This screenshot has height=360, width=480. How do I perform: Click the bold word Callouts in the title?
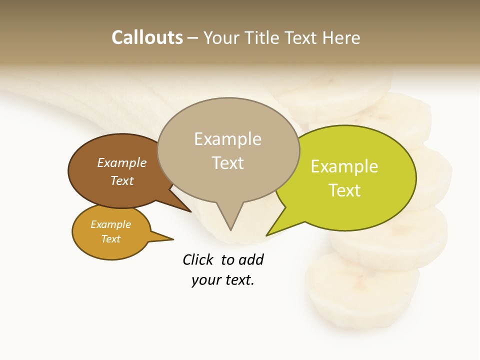pos(147,37)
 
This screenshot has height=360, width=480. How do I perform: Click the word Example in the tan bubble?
pos(227,139)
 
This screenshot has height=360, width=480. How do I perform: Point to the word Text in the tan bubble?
pos(227,163)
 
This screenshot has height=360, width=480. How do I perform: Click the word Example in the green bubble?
pos(344,166)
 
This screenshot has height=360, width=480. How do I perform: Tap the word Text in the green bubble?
pos(344,190)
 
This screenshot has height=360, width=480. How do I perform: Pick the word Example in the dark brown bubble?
pos(122,162)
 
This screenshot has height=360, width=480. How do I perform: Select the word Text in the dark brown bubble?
pos(122,180)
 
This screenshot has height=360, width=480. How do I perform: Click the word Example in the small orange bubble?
pos(110,224)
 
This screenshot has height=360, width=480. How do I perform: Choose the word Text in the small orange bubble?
pos(110,239)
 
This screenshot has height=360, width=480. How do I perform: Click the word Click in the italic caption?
pos(199,259)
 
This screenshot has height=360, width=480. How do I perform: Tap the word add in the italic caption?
pos(251,259)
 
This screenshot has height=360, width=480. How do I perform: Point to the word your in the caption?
pos(206,280)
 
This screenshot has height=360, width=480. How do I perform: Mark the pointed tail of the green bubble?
pos(272,231)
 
